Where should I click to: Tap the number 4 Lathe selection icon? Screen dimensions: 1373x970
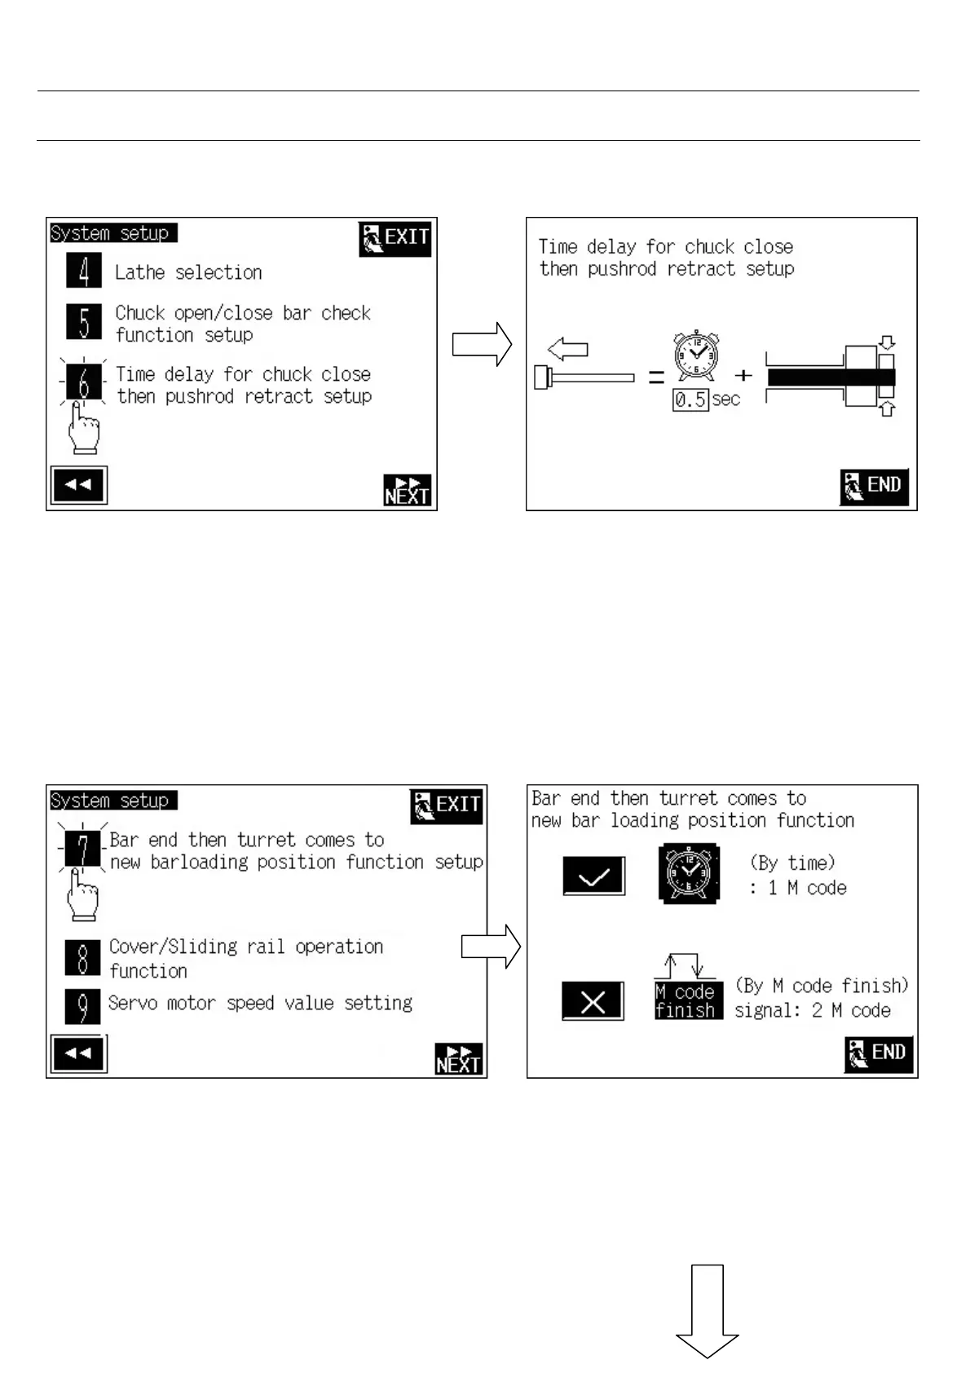point(84,271)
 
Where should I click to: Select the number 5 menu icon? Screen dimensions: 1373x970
point(84,322)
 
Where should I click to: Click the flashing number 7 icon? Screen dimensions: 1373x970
point(82,850)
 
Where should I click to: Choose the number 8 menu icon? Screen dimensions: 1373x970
point(82,957)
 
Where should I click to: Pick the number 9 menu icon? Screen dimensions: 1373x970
point(82,1006)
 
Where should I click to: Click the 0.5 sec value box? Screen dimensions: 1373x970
point(690,400)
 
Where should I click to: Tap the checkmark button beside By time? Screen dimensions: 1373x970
point(593,876)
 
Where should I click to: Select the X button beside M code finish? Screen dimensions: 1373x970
point(593,1000)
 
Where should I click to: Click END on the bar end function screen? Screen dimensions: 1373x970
point(878,1053)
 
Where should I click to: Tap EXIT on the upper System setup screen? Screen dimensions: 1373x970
point(395,238)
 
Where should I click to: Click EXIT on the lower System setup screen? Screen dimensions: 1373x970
point(447,806)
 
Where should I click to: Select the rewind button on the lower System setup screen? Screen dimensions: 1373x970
point(78,1053)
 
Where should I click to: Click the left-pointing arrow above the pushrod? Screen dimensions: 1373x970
point(568,350)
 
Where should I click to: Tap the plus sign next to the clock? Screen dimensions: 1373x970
point(743,376)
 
